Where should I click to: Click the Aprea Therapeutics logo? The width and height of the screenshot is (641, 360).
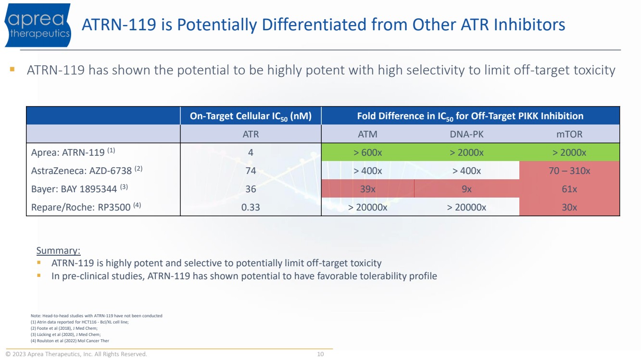[38, 25]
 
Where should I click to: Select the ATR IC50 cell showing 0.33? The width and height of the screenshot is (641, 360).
[251, 207]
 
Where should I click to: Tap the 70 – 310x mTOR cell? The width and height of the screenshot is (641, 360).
[569, 171]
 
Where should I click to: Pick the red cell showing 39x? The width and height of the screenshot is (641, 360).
[368, 189]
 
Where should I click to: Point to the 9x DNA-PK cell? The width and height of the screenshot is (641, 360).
[466, 189]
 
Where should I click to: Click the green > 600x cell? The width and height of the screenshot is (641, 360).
[368, 152]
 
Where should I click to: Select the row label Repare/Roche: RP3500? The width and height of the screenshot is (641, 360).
[79, 207]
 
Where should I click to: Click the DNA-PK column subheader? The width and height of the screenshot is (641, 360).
[466, 134]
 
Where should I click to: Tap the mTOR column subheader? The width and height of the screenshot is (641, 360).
[569, 134]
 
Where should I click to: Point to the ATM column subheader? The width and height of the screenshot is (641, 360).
[368, 134]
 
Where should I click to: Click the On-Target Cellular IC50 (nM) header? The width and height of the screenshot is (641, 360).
[251, 116]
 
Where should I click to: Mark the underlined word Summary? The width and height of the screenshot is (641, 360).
[58, 250]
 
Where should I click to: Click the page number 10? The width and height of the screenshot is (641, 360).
[320, 354]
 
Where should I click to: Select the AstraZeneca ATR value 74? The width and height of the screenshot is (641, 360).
[251, 171]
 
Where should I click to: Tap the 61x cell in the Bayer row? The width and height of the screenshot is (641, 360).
[569, 189]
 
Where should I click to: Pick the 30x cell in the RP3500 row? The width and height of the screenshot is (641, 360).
[569, 207]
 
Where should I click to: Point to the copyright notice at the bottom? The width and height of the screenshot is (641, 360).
[76, 354]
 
